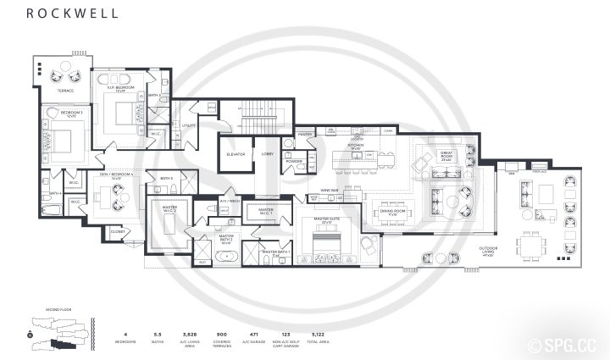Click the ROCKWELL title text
coord(58,13)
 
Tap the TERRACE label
coord(65,91)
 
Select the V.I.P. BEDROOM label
coord(122,88)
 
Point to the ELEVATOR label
coord(236,154)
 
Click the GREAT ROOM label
coord(446,154)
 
